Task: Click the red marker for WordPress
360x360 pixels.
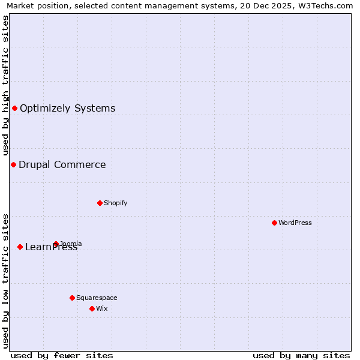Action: [x=274, y=223]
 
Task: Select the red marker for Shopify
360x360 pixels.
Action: [x=100, y=203]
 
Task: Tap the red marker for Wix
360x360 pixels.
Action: [x=92, y=308]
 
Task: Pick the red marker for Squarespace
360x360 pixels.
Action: [x=72, y=298]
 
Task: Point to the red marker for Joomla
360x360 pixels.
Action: [x=56, y=244]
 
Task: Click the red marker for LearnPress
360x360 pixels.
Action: [x=20, y=247]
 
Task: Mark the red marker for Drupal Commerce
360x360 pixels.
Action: [x=13, y=164]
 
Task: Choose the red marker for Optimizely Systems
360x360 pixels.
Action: [x=14, y=108]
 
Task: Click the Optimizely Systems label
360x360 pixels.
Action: [x=67, y=109]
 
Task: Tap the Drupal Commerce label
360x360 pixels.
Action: [x=62, y=165]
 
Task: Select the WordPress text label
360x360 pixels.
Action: [x=295, y=223]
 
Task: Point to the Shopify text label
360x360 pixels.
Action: [x=115, y=203]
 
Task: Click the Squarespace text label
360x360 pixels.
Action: [x=97, y=298]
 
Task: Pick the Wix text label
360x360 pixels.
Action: [x=101, y=308]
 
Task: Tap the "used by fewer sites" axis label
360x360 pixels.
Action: [x=62, y=355]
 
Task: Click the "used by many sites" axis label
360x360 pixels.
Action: [x=301, y=355]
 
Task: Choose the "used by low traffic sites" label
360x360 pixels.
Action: [x=5, y=281]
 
